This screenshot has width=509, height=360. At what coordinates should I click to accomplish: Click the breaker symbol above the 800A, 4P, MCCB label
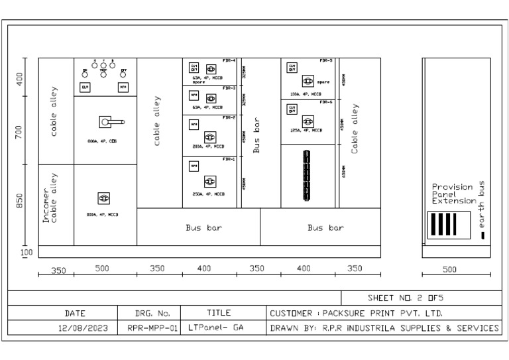[103, 198]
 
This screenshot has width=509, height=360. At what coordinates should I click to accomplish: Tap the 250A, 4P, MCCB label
[208, 194]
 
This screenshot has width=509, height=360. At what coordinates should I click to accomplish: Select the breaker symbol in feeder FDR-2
[211, 137]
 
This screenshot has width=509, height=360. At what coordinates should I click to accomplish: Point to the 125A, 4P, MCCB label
[307, 131]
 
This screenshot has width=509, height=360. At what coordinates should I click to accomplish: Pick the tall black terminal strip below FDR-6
[307, 176]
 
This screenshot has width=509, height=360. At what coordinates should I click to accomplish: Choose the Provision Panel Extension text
[453, 194]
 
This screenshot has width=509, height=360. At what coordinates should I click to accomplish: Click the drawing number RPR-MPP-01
[149, 328]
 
